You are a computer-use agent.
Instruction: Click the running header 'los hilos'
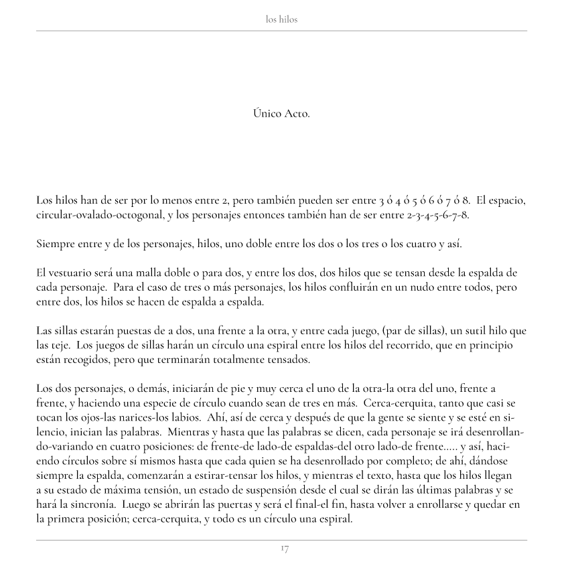pos(281,19)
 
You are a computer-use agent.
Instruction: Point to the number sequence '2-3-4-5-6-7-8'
pos(437,215)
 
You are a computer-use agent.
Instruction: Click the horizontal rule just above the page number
pos(281,540)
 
